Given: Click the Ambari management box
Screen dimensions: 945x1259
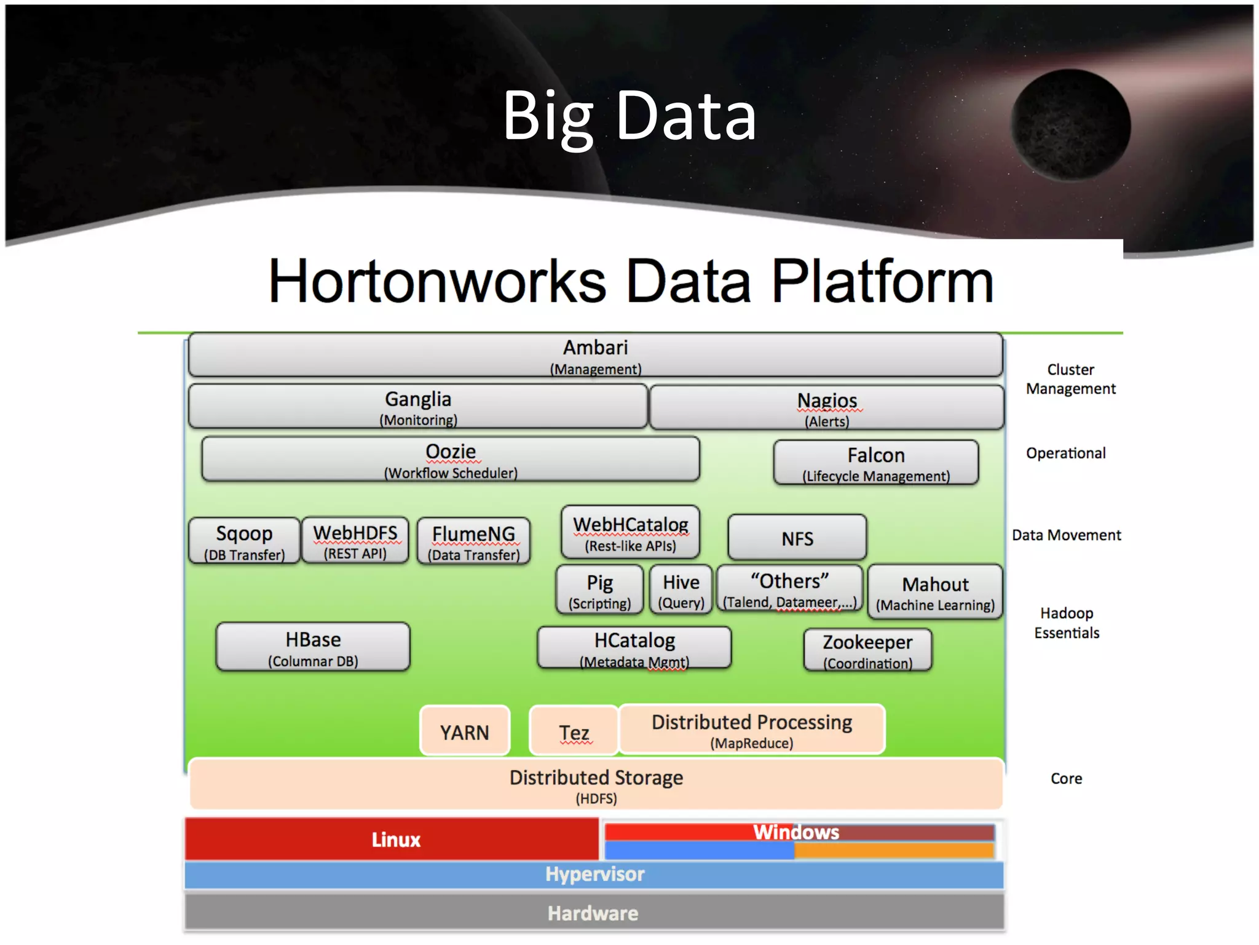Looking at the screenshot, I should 595,356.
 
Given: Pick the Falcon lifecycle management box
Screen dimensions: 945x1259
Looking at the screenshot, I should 875,463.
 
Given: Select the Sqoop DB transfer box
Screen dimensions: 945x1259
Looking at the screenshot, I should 244,541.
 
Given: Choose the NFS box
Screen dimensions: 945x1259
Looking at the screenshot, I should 797,538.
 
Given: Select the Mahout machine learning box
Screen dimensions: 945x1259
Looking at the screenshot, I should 935,592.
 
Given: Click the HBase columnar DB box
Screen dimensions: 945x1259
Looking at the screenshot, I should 313,648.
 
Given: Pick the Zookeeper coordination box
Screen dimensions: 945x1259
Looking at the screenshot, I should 867,650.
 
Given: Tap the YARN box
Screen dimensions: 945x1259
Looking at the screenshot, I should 465,732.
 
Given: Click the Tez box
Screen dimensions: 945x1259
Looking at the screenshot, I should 574,732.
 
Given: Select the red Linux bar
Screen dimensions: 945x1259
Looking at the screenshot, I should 393,839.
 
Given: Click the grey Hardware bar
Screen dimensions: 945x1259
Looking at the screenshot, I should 593,913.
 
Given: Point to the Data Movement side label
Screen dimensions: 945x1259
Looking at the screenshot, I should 1066,535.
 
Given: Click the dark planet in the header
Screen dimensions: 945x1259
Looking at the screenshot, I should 1071,126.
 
